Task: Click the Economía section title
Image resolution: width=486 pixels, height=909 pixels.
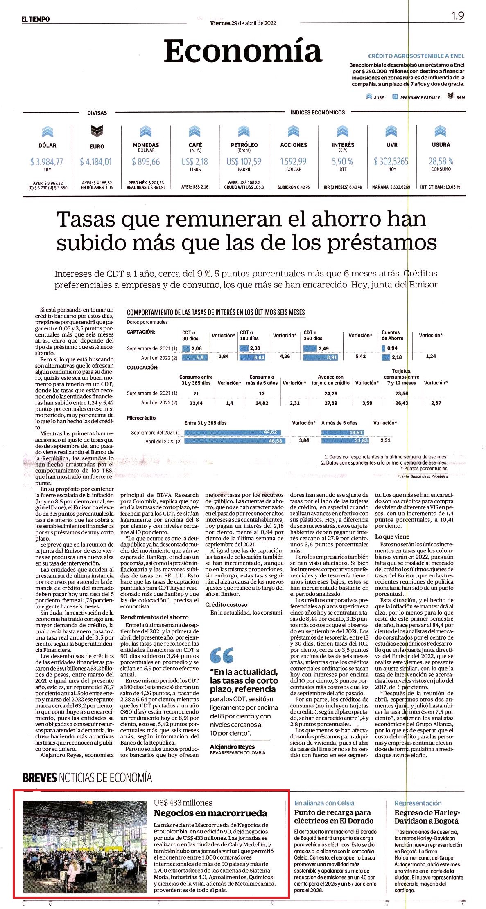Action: [243, 51]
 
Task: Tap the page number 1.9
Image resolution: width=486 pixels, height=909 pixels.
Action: [457, 16]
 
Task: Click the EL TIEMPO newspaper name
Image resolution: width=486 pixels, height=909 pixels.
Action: [36, 19]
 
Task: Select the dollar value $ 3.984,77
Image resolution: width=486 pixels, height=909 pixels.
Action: [47, 162]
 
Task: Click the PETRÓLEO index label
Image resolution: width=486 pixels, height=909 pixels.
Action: [244, 145]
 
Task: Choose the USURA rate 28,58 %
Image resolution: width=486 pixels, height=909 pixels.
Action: [441, 161]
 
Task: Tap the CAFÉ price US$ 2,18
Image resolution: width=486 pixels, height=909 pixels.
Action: [194, 162]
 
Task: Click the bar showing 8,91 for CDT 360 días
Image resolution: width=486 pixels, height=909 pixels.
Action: [321, 357]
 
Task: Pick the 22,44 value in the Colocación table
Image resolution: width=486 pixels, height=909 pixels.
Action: [196, 403]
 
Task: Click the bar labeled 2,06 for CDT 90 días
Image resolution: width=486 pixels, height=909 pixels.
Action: [186, 348]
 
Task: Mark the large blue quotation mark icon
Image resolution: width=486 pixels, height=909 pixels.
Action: [222, 655]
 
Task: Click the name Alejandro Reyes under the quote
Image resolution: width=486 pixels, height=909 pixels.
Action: [232, 747]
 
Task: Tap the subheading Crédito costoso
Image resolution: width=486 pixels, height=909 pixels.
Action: [226, 604]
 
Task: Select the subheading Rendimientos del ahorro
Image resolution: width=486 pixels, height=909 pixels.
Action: [154, 617]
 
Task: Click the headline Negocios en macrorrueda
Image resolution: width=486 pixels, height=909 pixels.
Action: [210, 813]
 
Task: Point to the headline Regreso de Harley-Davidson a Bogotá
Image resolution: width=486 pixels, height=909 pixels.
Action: [427, 817]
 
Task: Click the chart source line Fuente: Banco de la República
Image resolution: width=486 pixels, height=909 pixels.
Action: [423, 476]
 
